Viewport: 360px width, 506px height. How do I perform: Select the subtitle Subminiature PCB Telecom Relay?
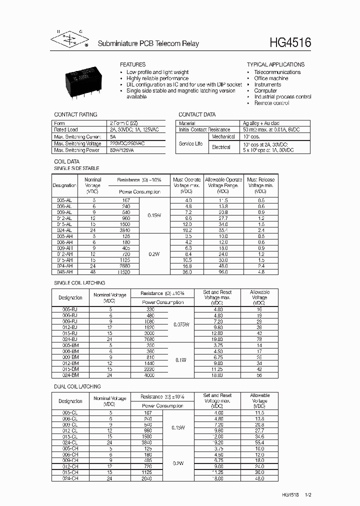148,44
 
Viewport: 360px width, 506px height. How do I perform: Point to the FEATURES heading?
132,64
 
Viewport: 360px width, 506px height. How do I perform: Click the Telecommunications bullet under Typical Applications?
277,72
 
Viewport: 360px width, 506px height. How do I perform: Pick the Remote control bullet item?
271,103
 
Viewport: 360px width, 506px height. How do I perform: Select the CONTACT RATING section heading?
75,114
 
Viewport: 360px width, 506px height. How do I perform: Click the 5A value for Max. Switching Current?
113,136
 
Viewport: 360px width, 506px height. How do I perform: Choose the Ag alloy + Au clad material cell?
261,123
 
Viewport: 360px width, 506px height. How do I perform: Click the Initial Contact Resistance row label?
204,129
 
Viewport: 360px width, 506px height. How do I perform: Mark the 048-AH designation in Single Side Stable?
64,272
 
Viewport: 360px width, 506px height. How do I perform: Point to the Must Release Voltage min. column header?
260,185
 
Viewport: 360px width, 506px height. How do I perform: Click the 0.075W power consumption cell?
180,325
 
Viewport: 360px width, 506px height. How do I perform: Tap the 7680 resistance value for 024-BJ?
149,339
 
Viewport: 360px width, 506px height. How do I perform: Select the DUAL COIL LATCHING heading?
77,386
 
